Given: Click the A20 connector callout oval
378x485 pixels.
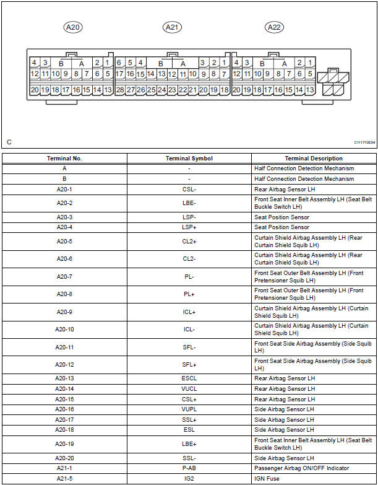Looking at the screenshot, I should tap(74, 27).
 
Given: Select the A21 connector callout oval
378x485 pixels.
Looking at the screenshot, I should tap(172, 27).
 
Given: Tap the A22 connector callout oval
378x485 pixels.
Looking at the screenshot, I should tap(273, 27).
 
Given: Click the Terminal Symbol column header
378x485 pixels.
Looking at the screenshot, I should tap(189, 159).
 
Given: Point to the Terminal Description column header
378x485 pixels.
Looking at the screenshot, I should tap(314, 159).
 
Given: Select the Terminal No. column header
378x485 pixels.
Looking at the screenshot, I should tap(64, 159).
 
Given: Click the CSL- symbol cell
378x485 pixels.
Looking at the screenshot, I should tap(189, 189).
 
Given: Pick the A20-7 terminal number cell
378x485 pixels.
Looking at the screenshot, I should tap(64, 277).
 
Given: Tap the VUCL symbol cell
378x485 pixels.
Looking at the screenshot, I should tap(189, 389).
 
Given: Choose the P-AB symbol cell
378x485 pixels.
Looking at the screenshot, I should tap(189, 468).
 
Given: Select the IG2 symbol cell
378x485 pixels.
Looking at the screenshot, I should tap(189, 479).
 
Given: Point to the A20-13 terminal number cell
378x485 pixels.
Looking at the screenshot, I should tap(64, 378).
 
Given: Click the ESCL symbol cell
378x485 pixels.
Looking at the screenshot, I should tap(189, 378).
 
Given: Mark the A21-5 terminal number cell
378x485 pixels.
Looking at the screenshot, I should tap(64, 479).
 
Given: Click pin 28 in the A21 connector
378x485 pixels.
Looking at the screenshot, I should tap(120, 90).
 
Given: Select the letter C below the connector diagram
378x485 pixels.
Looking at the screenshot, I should tap(9, 142).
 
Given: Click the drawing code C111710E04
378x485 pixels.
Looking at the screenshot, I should tap(364, 142).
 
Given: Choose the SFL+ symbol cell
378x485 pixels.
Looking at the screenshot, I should tap(189, 365).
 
